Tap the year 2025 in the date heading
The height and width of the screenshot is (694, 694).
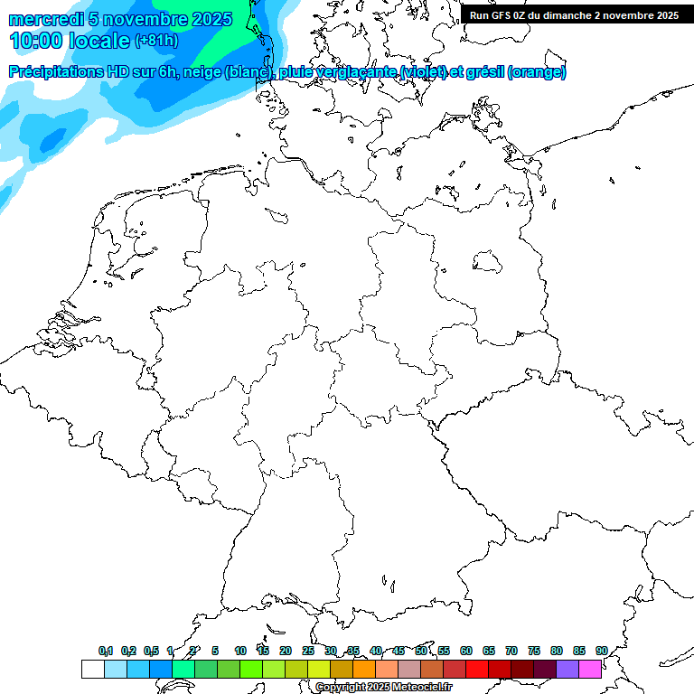pos(211,19)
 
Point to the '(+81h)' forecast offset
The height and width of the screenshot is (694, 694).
pos(156,41)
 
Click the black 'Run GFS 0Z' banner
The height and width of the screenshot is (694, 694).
pos(575,14)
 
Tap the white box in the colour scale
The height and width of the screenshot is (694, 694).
pos(92,669)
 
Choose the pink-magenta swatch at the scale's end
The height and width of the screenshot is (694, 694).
pos(590,669)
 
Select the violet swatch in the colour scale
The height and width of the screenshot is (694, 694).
pos(567,669)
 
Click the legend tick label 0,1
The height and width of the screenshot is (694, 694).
pos(106,651)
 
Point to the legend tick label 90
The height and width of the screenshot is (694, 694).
pos(601,651)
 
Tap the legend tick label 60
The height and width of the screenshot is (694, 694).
pos(466,651)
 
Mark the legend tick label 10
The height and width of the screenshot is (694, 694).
pos(240,651)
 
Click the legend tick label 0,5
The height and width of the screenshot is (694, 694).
pos(151,651)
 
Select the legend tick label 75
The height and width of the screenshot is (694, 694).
pos(533,651)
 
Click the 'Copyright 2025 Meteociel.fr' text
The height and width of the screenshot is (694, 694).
pos(384,687)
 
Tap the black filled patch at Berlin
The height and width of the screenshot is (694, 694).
pos(488,262)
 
